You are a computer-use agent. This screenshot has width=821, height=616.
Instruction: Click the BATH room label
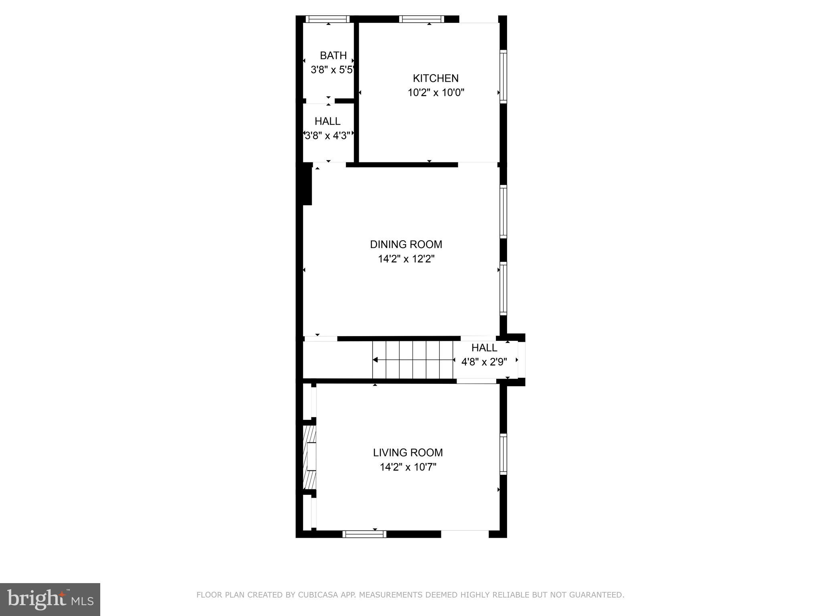pyautogui.click(x=333, y=55)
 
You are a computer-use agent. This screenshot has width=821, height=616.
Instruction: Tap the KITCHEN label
pyautogui.click(x=436, y=78)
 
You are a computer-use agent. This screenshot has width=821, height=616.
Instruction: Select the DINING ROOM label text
pyautogui.click(x=406, y=244)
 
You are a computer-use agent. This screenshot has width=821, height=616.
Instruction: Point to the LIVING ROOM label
pyautogui.click(x=408, y=452)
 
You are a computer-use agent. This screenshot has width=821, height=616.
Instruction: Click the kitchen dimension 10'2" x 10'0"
pyautogui.click(x=436, y=93)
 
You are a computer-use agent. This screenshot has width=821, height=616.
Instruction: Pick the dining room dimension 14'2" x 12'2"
pyautogui.click(x=406, y=259)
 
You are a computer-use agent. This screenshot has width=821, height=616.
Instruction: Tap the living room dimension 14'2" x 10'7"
pyautogui.click(x=408, y=467)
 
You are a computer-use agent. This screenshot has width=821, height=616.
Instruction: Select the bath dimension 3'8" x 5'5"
pyautogui.click(x=332, y=70)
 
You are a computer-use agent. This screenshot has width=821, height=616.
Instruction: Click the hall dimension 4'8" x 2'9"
pyautogui.click(x=484, y=362)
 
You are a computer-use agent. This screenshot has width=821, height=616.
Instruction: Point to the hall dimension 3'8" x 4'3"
pyautogui.click(x=328, y=136)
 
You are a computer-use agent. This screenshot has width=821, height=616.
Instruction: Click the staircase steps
pyautogui.click(x=413, y=360)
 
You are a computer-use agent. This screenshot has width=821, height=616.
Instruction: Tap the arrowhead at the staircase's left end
pyautogui.click(x=375, y=360)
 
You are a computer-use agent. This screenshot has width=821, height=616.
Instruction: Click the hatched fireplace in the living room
pyautogui.click(x=309, y=457)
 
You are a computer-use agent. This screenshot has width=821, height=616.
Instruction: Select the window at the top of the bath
pyautogui.click(x=328, y=19)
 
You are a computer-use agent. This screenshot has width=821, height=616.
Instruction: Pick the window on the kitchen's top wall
pyautogui.click(x=421, y=19)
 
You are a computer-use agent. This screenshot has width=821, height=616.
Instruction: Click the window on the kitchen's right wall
pyautogui.click(x=504, y=77)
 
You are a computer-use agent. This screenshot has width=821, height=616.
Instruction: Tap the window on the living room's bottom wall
pyautogui.click(x=364, y=534)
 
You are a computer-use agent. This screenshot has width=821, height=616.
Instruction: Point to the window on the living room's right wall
pyautogui.click(x=504, y=454)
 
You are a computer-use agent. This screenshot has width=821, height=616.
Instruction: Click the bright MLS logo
pyautogui.click(x=50, y=599)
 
